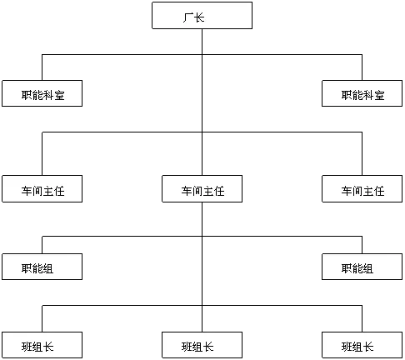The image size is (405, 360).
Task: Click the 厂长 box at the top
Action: (x=202, y=15)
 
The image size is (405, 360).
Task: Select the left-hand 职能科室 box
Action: (x=42, y=93)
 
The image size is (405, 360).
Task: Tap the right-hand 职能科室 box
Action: (x=362, y=93)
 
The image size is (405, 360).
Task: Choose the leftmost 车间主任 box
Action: (x=42, y=188)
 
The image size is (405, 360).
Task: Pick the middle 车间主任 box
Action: (x=202, y=188)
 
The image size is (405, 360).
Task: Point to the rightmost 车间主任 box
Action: (x=362, y=188)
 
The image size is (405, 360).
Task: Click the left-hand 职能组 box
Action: (x=42, y=267)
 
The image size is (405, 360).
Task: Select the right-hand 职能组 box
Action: (x=362, y=267)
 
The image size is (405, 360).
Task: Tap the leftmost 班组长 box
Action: (x=42, y=345)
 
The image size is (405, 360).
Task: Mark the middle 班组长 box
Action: (x=202, y=345)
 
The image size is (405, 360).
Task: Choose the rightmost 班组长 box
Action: (x=362, y=345)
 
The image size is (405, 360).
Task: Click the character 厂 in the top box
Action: (x=188, y=17)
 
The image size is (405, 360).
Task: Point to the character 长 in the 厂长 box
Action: (x=199, y=17)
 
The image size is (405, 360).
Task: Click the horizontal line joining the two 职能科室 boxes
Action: (x=202, y=54)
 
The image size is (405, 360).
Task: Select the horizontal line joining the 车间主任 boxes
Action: (x=202, y=132)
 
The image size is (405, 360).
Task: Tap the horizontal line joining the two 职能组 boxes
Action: (x=202, y=237)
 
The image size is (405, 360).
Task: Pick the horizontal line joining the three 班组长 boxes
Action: (x=202, y=306)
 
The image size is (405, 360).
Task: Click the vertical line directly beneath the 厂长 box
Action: (x=202, y=102)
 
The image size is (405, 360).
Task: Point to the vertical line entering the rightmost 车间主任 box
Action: (x=362, y=153)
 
